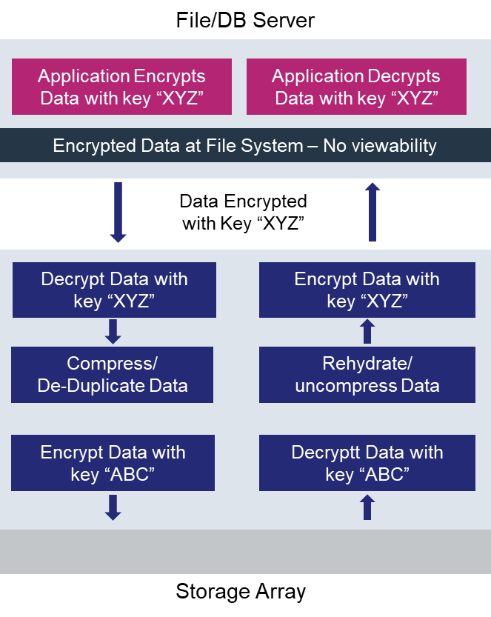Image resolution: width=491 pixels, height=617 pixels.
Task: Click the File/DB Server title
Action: pyautogui.click(x=245, y=19)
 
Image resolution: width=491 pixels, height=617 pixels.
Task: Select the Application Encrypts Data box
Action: pyautogui.click(x=121, y=87)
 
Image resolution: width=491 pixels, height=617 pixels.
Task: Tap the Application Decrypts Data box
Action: pyautogui.click(x=356, y=87)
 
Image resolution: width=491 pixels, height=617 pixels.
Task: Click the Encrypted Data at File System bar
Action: pyautogui.click(x=245, y=145)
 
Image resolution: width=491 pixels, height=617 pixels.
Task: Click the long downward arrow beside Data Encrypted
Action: pyautogui.click(x=118, y=213)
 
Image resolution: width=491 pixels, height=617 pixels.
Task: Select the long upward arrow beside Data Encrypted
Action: pyautogui.click(x=373, y=213)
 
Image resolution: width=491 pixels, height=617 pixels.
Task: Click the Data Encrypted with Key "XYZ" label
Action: pyautogui.click(x=244, y=212)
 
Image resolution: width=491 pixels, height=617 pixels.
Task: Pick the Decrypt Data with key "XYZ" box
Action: pyautogui.click(x=114, y=290)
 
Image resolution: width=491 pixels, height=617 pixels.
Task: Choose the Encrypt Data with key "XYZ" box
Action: pyautogui.click(x=367, y=290)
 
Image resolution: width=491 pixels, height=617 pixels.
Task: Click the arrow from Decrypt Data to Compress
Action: pyautogui.click(x=113, y=331)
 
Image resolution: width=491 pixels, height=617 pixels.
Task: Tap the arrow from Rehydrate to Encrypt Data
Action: pyautogui.click(x=367, y=331)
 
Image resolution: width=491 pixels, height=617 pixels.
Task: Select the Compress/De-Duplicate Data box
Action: pyautogui.click(x=113, y=374)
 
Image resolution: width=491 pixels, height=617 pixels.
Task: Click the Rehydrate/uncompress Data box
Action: pyautogui.click(x=367, y=374)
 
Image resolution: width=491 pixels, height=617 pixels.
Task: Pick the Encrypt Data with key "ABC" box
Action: pyautogui.click(x=113, y=463)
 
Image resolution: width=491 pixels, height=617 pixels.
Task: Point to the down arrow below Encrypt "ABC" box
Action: pyautogui.click(x=113, y=507)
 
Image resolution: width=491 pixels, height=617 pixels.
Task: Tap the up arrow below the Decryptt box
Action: pyautogui.click(x=367, y=507)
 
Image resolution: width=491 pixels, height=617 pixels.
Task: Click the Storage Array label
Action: pyautogui.click(x=241, y=592)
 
